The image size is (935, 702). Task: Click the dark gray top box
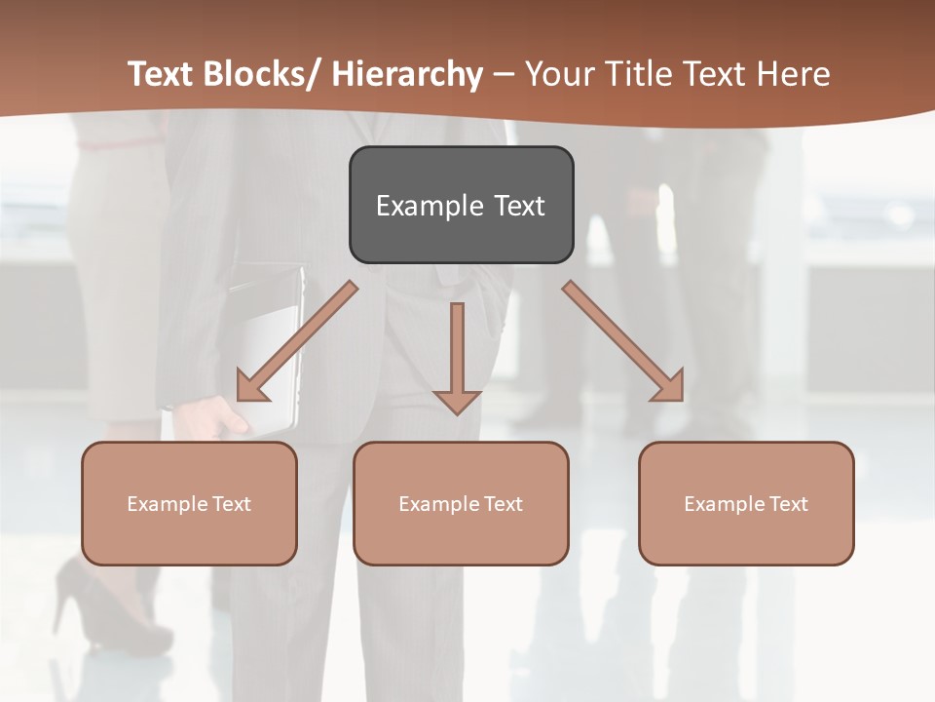(461, 205)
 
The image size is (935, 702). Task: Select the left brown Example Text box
(189, 503)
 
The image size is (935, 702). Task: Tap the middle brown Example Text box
(461, 503)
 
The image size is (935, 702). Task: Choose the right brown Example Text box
(746, 503)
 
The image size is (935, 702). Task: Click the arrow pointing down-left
(297, 341)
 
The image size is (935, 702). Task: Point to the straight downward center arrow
(457, 356)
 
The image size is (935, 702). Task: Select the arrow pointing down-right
(623, 341)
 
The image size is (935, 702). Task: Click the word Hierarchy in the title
(407, 74)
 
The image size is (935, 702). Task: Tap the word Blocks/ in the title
(262, 74)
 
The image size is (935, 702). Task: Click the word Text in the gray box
(518, 206)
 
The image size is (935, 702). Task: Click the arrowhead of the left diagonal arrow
(251, 385)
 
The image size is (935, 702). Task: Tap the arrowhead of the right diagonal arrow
(668, 385)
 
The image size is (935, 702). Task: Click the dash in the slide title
(504, 74)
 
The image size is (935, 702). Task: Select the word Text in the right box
(788, 503)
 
